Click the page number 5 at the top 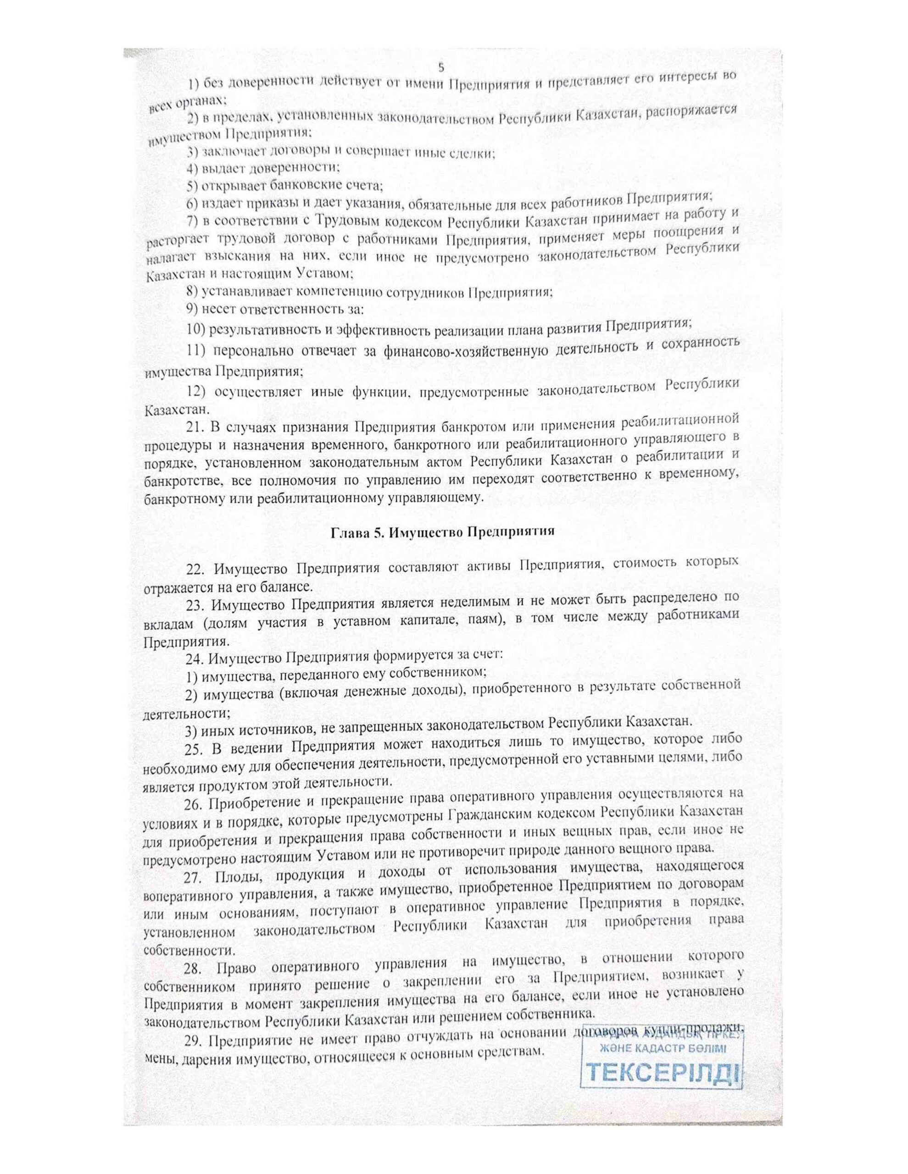coord(441,68)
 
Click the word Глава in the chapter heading coord(347,533)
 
